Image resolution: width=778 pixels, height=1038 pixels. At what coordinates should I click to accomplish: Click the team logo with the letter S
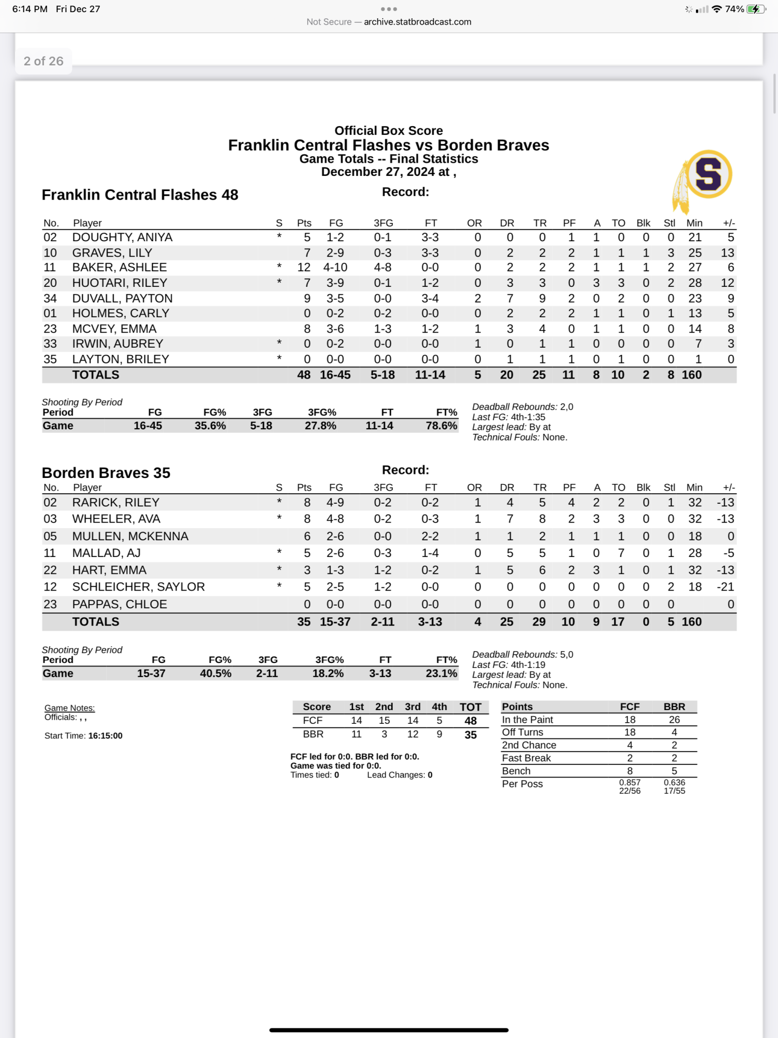708,175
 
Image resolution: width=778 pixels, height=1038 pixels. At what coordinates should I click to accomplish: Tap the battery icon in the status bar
756,9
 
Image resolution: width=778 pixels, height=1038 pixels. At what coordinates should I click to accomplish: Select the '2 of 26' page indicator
44,61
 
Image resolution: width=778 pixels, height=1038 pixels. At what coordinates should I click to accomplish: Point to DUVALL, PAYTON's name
122,298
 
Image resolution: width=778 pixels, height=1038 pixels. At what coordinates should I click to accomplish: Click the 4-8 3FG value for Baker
383,267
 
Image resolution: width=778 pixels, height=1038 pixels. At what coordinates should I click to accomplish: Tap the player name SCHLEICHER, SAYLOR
138,586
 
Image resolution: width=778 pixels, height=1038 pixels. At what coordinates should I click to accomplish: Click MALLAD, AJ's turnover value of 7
621,553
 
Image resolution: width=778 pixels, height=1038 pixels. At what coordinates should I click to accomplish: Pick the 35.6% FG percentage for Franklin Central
210,426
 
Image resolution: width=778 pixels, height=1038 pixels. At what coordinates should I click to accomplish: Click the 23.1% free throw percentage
441,673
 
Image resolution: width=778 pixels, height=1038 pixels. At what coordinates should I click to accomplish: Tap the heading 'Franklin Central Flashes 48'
140,195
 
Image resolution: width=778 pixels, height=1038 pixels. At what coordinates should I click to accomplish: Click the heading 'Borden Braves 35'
106,472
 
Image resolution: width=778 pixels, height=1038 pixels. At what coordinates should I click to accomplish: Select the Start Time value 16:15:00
105,735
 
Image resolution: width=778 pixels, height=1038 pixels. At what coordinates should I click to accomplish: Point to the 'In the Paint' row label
527,720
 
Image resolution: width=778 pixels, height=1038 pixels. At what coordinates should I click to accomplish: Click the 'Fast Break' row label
526,758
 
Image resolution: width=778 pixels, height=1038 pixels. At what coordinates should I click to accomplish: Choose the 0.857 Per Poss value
629,782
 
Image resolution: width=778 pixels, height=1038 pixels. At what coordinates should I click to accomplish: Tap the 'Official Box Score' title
388,130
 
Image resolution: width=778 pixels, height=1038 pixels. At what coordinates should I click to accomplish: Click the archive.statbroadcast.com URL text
417,22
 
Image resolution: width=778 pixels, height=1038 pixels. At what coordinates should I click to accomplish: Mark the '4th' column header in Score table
439,707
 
